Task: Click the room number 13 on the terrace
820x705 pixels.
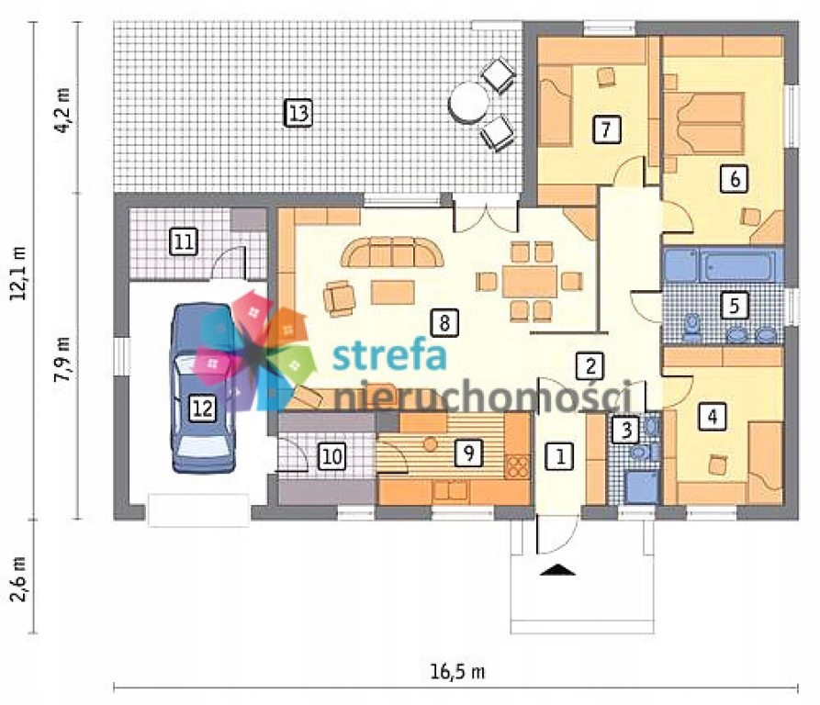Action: [x=298, y=113]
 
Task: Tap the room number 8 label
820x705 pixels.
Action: [x=444, y=322]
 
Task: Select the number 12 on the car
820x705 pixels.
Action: [x=202, y=408]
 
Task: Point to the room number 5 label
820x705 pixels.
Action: [x=734, y=305]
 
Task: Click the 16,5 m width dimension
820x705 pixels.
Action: [x=457, y=672]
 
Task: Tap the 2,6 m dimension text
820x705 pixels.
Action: [x=20, y=579]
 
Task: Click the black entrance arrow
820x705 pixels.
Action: [x=557, y=570]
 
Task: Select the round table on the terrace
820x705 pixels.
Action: [x=469, y=103]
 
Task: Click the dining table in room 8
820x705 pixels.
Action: [x=530, y=281]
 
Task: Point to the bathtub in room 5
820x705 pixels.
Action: [x=739, y=265]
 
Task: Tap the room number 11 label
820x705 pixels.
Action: [x=184, y=242]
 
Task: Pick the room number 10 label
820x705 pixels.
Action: [x=332, y=456]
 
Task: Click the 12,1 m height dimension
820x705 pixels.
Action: [x=20, y=273]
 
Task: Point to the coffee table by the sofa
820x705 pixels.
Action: [x=393, y=292]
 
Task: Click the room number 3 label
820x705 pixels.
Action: [x=626, y=430]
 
